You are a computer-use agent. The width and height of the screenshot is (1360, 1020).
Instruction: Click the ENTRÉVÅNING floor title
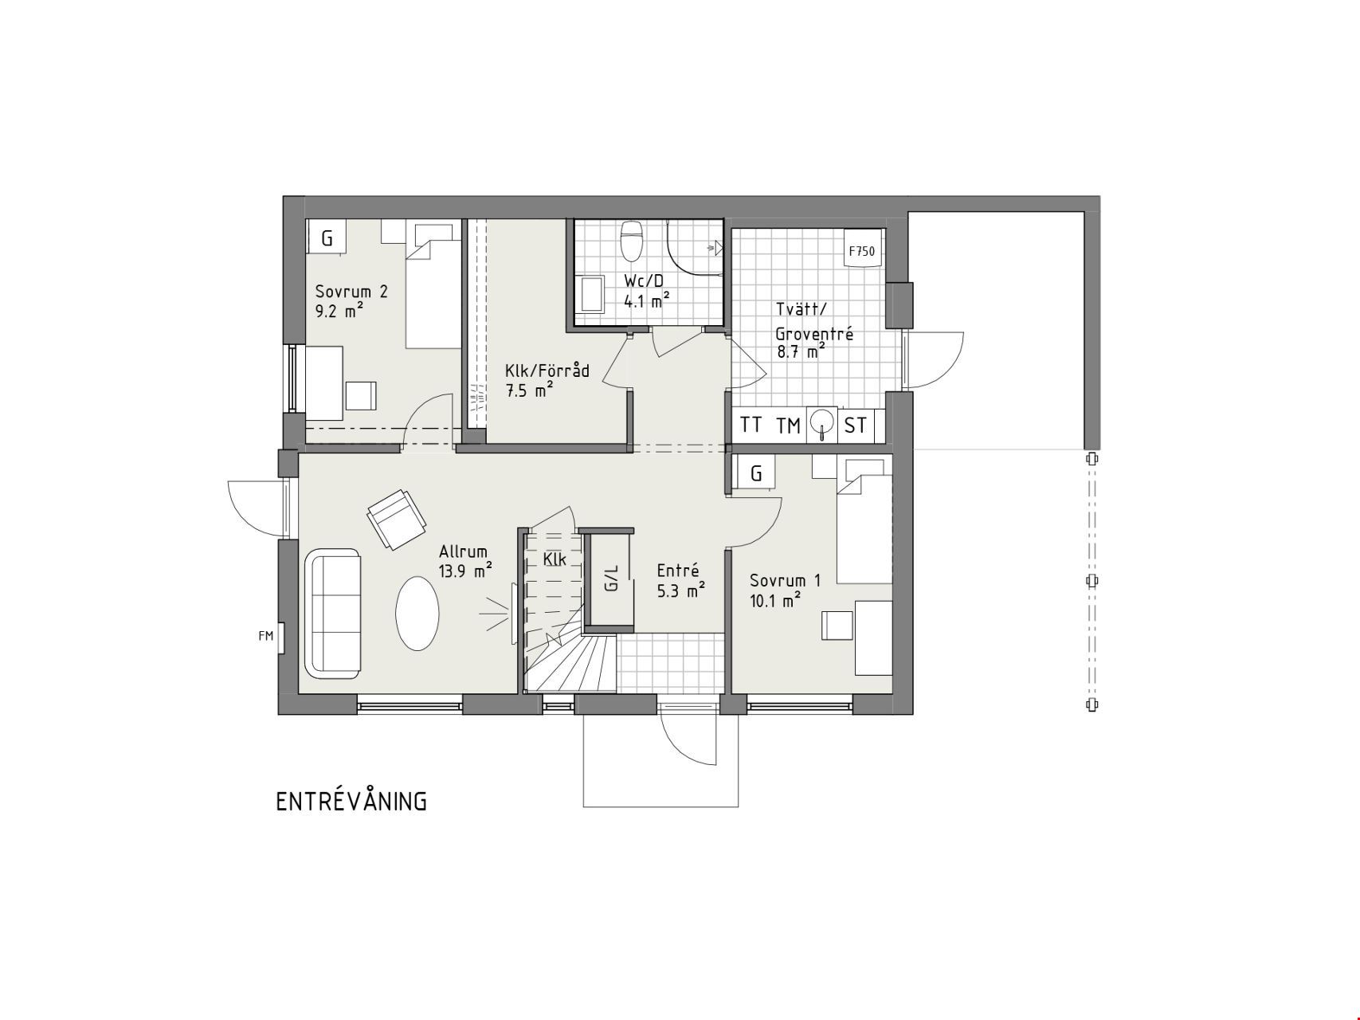(351, 801)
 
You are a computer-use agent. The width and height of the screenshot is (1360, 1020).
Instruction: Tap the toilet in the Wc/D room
(632, 241)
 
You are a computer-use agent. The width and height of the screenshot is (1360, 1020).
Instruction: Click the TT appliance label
(751, 425)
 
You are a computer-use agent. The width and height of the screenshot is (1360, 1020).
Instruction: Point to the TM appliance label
(788, 426)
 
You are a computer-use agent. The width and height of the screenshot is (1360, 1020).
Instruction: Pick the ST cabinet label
(855, 426)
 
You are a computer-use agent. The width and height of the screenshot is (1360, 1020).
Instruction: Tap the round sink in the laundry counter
(821, 423)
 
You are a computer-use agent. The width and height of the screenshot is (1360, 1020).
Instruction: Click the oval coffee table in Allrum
(417, 614)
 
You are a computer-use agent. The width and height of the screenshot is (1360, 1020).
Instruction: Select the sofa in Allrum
(332, 614)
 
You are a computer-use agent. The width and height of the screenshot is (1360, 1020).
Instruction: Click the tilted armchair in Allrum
(395, 520)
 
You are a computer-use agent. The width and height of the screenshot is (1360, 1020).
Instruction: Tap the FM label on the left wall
(265, 636)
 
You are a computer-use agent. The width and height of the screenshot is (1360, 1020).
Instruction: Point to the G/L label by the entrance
(612, 579)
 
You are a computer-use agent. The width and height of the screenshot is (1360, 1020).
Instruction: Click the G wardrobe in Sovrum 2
(327, 237)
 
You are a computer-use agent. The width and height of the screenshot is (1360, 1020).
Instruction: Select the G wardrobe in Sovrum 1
(756, 473)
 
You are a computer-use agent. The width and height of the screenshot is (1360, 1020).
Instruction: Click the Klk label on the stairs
(555, 559)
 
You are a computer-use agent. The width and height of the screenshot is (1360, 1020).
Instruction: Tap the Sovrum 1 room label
(785, 581)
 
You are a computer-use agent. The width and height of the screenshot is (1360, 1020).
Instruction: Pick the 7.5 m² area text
(529, 390)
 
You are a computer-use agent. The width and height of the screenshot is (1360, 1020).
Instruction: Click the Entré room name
(678, 571)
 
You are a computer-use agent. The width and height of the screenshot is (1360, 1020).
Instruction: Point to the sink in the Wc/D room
(593, 294)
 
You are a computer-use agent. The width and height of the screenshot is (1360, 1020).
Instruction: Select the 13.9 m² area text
(465, 571)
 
